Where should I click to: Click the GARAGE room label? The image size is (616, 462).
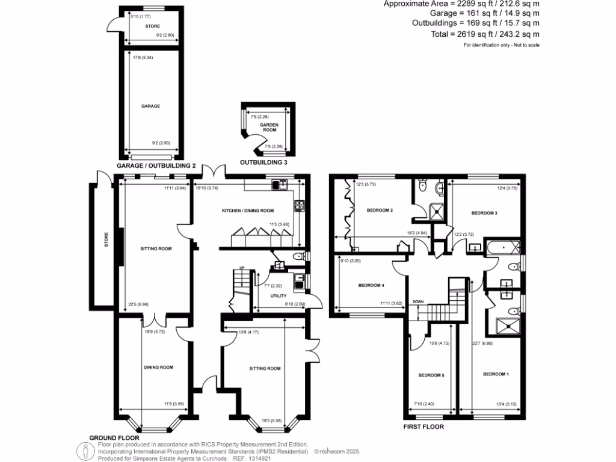[x=150, y=106]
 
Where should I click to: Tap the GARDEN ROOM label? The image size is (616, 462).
[x=268, y=128]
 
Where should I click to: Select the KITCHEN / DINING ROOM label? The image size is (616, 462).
[x=248, y=211]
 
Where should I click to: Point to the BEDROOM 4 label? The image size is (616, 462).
[x=371, y=285]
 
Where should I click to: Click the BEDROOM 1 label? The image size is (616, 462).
[x=496, y=374]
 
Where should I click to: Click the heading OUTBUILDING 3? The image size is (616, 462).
[x=268, y=162]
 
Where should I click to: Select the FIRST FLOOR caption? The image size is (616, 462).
[x=423, y=427]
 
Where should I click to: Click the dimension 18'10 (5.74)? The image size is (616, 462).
[x=206, y=188]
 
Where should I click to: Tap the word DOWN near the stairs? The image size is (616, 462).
[x=418, y=302]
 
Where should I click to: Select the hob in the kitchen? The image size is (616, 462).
[x=300, y=206]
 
